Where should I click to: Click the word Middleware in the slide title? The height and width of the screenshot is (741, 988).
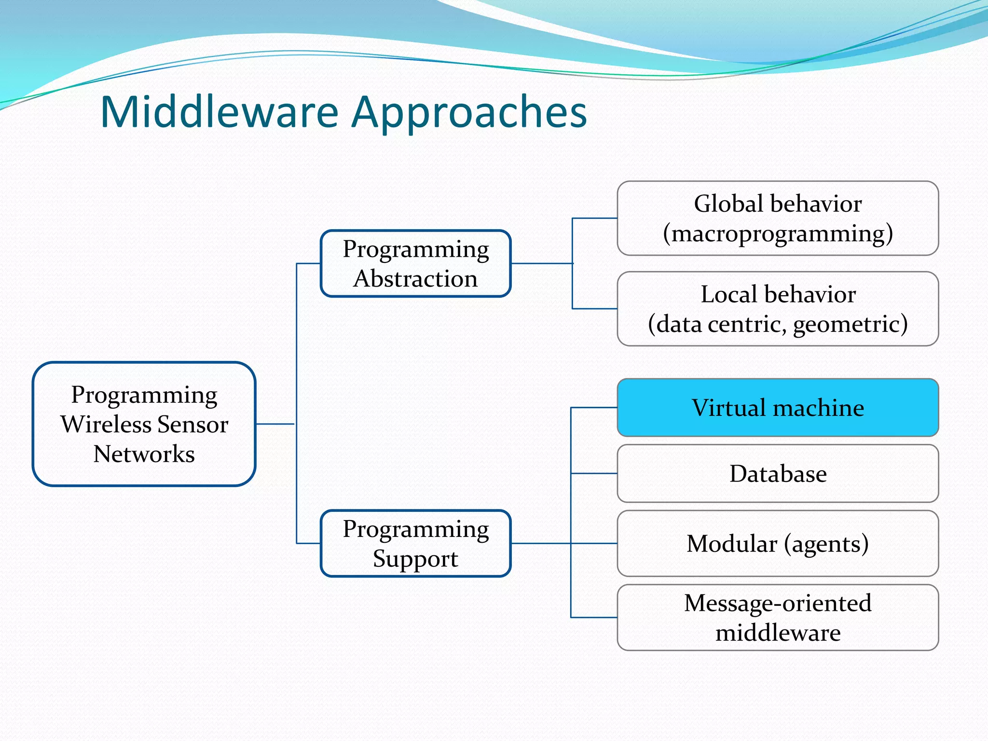(220, 112)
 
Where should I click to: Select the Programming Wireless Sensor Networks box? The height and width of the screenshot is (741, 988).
(144, 424)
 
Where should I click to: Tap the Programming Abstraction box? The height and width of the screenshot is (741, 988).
(415, 263)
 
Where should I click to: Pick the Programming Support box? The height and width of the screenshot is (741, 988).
(415, 543)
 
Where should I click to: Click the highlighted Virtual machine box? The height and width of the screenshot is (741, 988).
(778, 408)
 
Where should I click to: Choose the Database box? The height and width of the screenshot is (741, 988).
(778, 473)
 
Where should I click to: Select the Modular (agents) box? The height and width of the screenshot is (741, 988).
(778, 543)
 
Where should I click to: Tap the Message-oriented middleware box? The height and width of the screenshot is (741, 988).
(778, 617)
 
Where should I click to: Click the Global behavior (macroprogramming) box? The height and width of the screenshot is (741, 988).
(778, 218)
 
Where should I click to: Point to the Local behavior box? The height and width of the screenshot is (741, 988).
(778, 309)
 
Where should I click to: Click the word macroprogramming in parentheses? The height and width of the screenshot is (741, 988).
(778, 234)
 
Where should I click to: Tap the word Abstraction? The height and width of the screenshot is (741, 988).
(415, 279)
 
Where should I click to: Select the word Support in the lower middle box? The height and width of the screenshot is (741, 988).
(415, 559)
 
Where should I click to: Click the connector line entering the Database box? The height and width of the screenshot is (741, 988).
(594, 473)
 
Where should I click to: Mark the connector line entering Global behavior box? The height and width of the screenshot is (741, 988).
(595, 218)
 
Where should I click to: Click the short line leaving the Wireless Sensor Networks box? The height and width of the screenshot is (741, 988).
(275, 424)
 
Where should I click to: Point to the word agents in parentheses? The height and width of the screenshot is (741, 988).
(826, 544)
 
